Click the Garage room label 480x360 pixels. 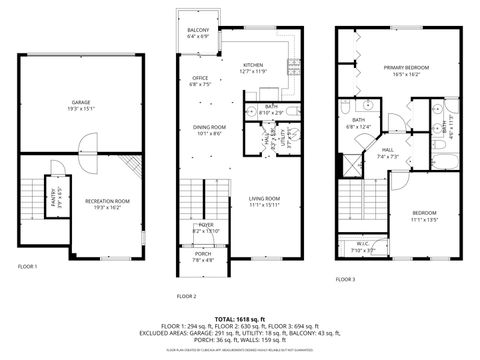coord(81,105)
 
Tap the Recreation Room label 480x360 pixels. coord(107,204)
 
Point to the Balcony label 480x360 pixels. coord(198,33)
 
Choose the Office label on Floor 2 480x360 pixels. coord(201,81)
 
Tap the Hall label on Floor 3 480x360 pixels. coord(387,154)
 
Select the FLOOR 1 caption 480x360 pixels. coord(28,267)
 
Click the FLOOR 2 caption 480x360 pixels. coord(187,296)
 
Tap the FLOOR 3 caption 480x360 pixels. coord(345,280)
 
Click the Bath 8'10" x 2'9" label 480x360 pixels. coord(271,109)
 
